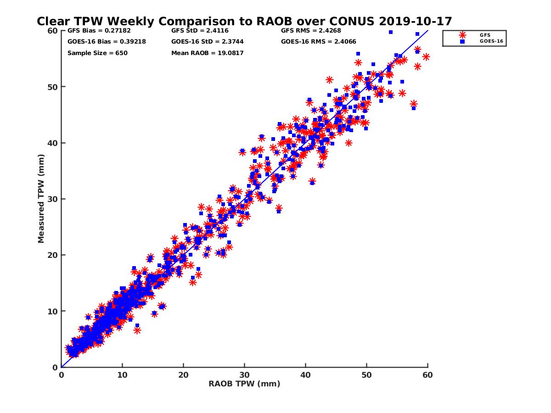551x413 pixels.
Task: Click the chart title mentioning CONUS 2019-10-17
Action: [x=244, y=21]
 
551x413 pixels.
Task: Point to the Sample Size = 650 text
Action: [x=97, y=53]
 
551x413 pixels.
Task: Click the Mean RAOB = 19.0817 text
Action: [x=207, y=53]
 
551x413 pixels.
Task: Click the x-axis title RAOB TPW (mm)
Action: [x=244, y=384]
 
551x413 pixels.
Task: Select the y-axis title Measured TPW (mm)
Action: [x=41, y=199]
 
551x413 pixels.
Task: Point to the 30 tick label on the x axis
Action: [x=244, y=375]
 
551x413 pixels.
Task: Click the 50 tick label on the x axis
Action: [x=366, y=375]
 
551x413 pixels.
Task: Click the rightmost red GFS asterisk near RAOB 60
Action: [x=426, y=57]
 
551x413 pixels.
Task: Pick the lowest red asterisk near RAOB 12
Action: [x=137, y=330]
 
